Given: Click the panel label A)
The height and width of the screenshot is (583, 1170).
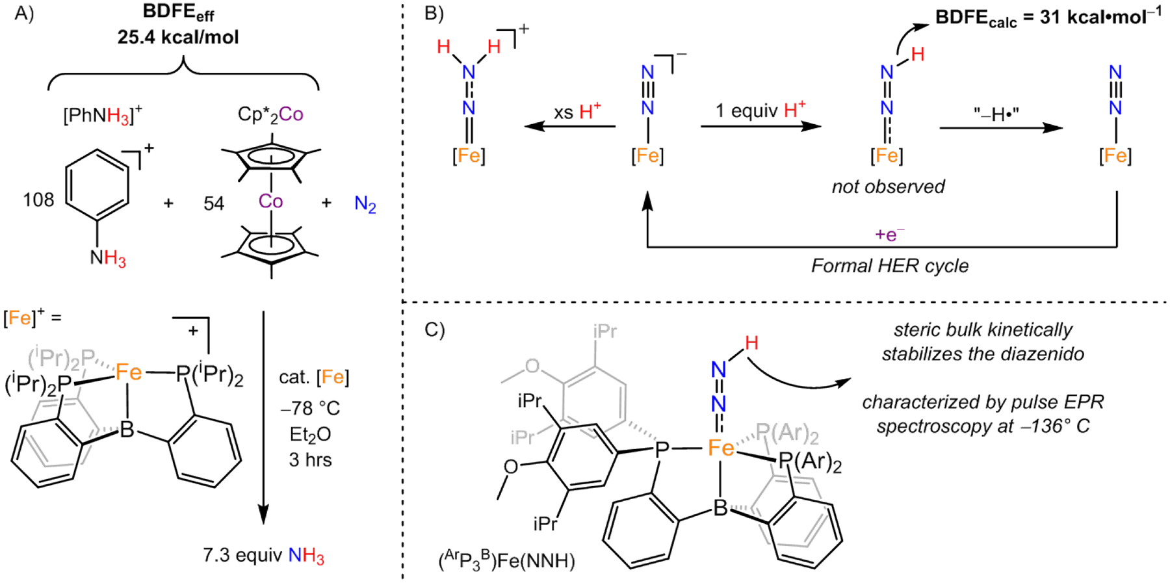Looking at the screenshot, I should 24,14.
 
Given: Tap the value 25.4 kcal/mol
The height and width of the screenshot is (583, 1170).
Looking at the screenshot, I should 178,37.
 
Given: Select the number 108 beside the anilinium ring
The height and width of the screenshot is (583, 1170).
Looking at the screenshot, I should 38,200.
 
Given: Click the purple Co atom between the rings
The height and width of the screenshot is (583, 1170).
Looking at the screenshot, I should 270,201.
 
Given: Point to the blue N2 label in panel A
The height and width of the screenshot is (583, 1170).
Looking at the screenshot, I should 365,205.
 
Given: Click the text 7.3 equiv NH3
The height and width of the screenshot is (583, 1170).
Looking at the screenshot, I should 263,556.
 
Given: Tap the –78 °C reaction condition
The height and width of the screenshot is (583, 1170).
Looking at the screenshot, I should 310,408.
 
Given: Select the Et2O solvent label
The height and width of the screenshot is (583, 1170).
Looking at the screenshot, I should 310,434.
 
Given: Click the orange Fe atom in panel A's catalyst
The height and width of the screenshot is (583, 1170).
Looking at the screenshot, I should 129,372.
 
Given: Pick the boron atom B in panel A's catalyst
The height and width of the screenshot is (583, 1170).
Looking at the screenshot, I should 127,430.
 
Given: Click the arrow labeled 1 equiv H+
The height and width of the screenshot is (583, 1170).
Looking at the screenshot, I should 760,126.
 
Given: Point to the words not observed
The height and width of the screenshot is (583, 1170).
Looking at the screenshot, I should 888,187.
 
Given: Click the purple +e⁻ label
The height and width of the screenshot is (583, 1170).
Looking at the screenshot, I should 889,235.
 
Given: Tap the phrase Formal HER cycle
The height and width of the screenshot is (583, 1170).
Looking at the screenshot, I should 889,266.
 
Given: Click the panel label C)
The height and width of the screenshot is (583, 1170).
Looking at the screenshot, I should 434,330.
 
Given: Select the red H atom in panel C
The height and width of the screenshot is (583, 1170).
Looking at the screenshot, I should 751,343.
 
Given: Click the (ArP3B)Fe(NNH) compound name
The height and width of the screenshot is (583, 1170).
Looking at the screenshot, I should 506,560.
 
